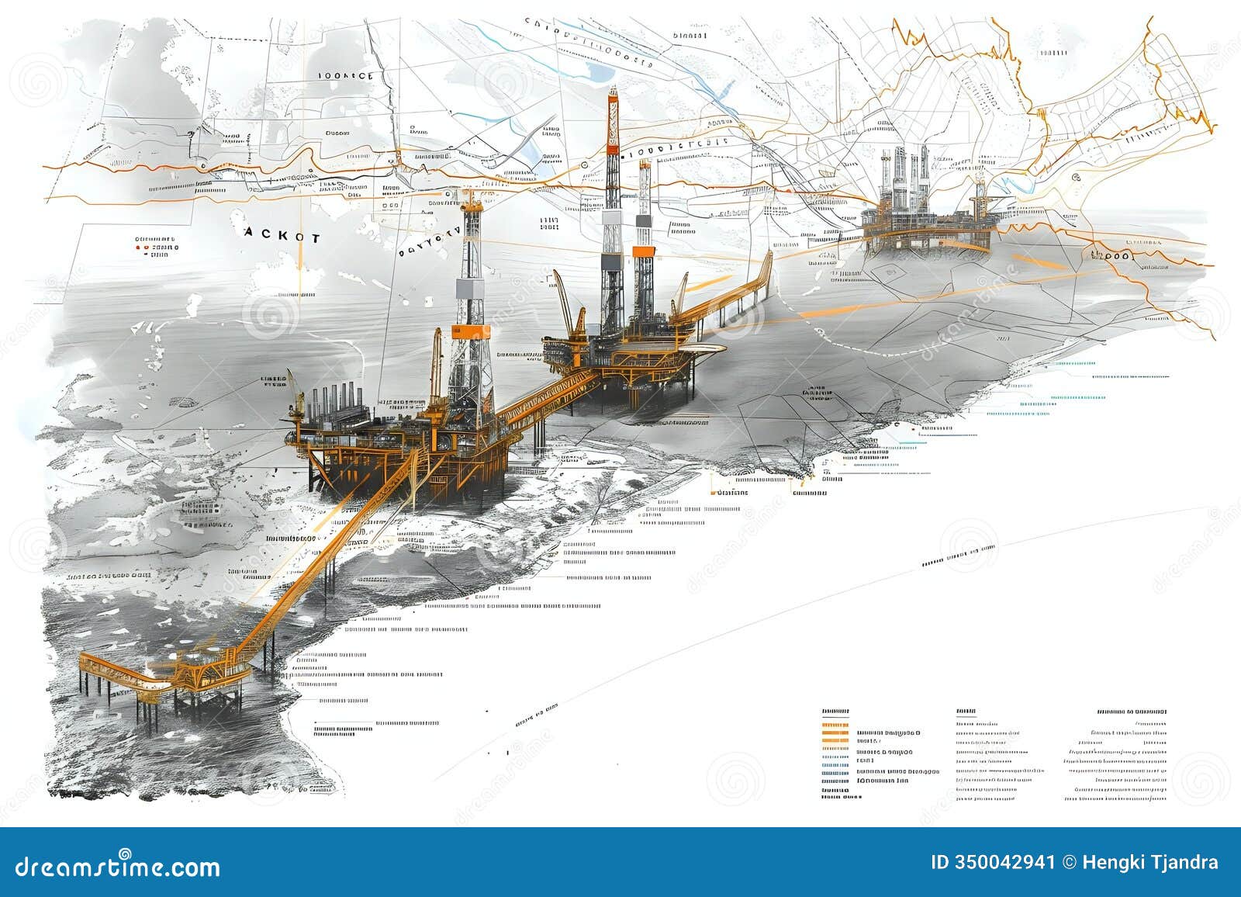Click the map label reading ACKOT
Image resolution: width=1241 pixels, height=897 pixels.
coord(281,237)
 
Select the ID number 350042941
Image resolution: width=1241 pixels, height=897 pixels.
coord(993,863)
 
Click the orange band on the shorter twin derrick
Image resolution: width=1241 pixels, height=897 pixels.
coord(642,251)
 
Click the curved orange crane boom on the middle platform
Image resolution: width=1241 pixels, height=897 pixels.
coord(562,299)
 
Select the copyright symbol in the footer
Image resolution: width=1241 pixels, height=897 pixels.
coord(1069,863)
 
